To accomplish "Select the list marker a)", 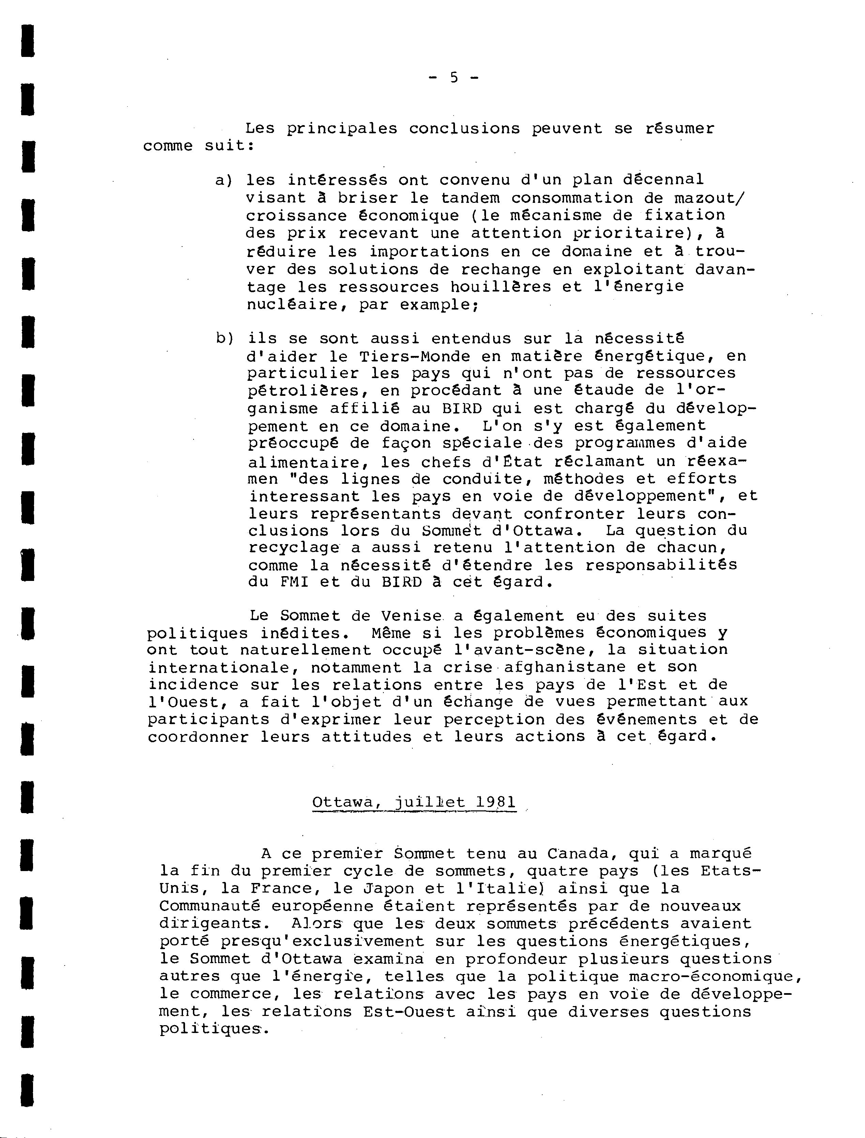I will point(224,180).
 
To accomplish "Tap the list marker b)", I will point(225,339).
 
